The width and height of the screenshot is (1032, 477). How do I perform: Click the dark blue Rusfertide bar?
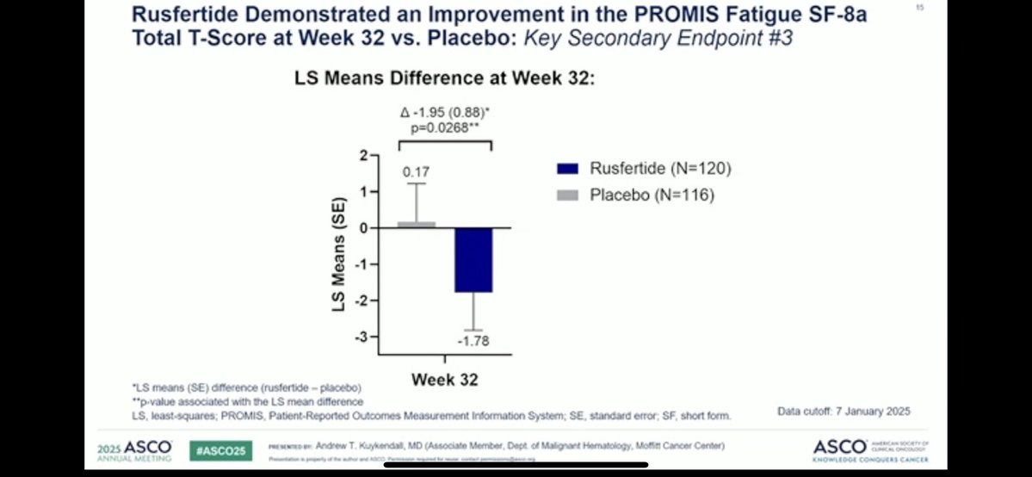474,260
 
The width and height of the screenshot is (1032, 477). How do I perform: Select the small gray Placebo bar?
417,224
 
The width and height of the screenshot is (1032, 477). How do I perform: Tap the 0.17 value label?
417,172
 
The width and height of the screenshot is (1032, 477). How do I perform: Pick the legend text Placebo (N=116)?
652,195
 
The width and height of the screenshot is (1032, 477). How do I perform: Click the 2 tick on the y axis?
364,155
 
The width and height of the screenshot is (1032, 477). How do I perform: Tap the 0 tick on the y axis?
364,228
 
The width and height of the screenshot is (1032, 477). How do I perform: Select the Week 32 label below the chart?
444,380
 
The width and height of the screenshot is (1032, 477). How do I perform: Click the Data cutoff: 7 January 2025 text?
844,412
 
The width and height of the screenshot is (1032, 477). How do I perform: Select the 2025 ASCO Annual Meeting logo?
137,449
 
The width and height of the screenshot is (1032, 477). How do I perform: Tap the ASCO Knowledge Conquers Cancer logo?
870,449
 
